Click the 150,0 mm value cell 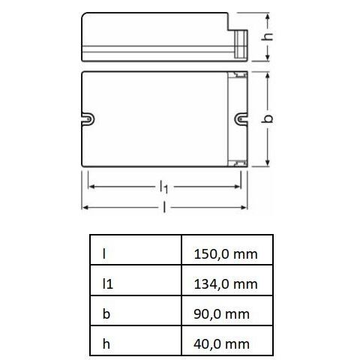click(226, 253)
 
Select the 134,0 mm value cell click(226, 283)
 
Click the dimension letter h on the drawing click(278, 36)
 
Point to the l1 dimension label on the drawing click(163, 184)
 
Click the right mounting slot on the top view click(241, 118)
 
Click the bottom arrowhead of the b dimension click(268, 163)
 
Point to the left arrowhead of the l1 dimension click(91, 183)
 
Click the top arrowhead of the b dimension click(268, 76)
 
